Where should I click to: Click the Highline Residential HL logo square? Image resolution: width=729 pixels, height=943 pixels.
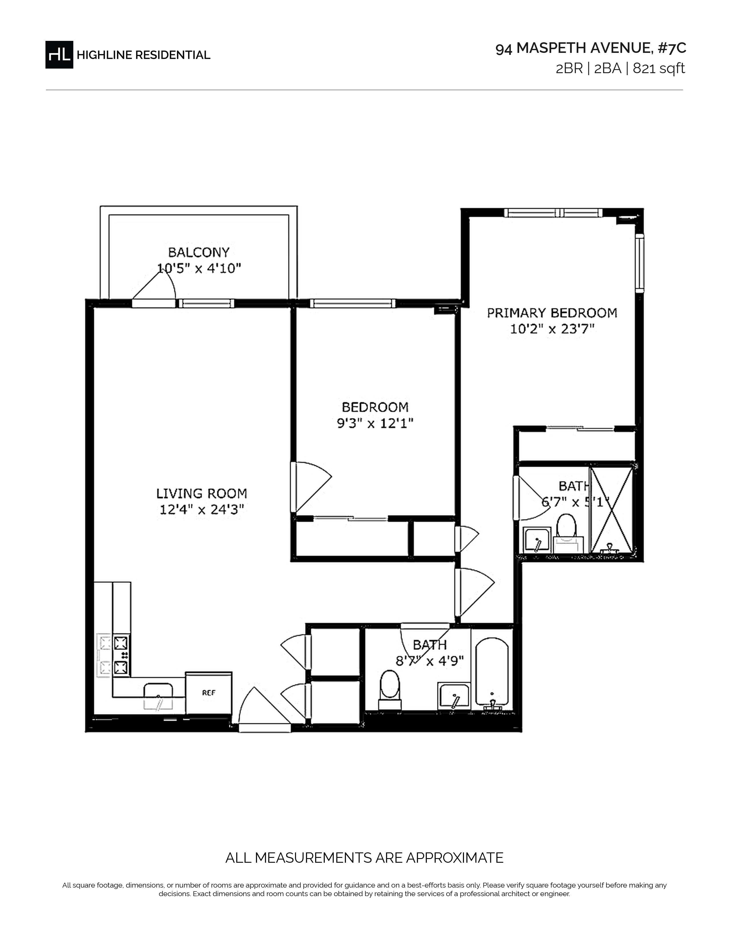[59, 54]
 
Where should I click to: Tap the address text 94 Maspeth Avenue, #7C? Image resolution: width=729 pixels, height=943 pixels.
[590, 48]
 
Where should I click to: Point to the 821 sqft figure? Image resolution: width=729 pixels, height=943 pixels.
[659, 69]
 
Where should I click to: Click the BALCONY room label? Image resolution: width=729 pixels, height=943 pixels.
[199, 252]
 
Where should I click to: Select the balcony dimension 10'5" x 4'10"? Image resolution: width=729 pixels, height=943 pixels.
[199, 269]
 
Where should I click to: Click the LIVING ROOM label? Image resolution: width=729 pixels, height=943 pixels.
[202, 493]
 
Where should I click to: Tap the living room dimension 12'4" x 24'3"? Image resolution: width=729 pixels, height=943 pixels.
[202, 510]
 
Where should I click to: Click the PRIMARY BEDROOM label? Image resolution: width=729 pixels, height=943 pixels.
[552, 313]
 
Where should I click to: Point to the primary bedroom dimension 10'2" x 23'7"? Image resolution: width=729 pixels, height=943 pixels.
[552, 329]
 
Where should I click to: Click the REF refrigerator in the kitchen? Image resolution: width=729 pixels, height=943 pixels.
[209, 693]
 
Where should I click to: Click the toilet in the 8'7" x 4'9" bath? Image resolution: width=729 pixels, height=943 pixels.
[390, 690]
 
